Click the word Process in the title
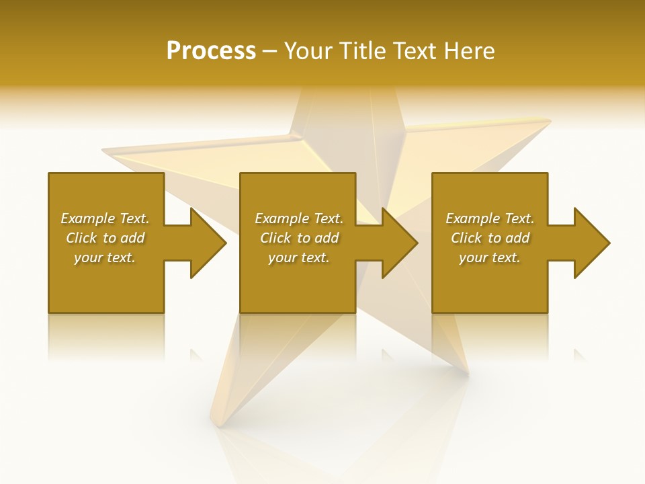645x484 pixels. (x=211, y=51)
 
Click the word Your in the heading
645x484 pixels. (x=308, y=51)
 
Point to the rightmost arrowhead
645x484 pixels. (x=591, y=243)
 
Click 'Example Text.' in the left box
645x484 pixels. (x=105, y=218)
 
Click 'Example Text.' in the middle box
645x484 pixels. (x=299, y=218)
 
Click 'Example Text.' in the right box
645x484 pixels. (x=490, y=218)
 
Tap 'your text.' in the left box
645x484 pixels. (x=105, y=257)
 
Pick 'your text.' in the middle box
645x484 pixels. (x=299, y=257)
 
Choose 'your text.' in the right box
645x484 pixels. (x=490, y=257)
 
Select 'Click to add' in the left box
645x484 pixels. (x=105, y=238)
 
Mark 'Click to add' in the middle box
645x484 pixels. (x=299, y=238)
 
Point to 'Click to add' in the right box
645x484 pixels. (x=490, y=238)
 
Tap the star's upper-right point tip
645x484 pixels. (x=548, y=122)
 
